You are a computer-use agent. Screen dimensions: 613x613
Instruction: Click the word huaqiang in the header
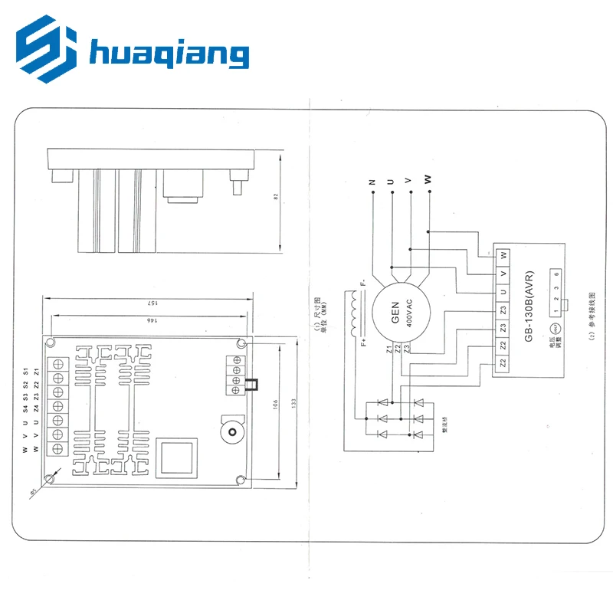(169, 54)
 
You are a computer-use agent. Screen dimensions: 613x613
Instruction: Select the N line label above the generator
(372, 182)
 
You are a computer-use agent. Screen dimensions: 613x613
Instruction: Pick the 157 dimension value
(150, 303)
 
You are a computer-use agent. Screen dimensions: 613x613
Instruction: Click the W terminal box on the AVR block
(503, 254)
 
